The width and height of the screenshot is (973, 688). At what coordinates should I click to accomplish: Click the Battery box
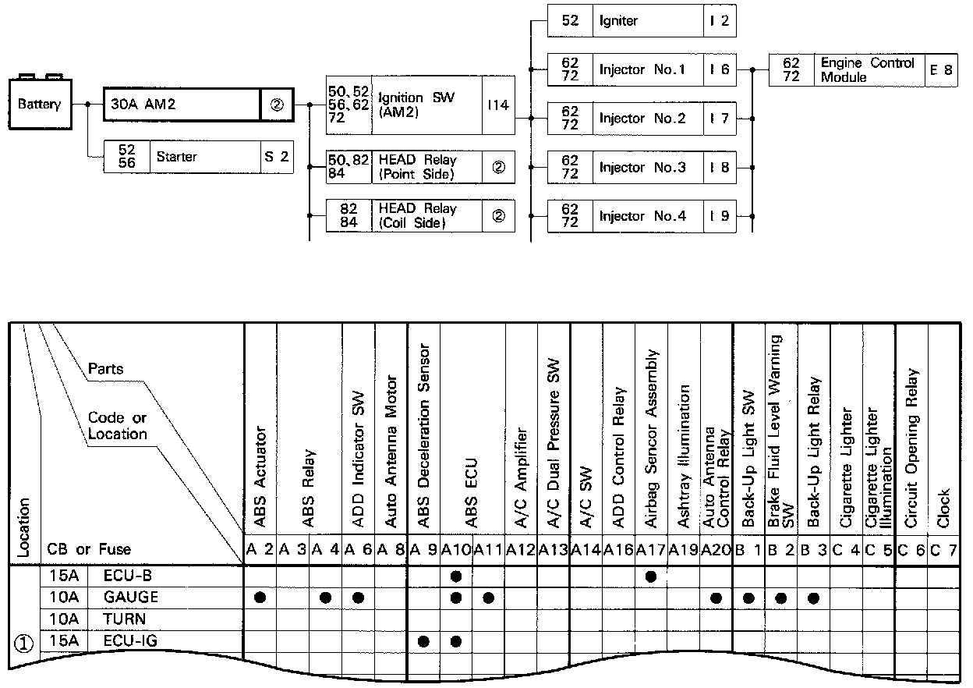(x=39, y=104)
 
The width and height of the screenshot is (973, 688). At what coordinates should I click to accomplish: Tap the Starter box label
(x=177, y=157)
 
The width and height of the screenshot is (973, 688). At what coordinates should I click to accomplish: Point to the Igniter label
(x=618, y=21)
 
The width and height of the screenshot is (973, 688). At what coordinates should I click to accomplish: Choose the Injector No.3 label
(x=642, y=168)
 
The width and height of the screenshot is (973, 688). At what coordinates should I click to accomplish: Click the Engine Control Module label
(x=867, y=69)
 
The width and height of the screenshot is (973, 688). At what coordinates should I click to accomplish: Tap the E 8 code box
(x=941, y=69)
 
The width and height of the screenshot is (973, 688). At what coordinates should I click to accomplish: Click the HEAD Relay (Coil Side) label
(x=418, y=216)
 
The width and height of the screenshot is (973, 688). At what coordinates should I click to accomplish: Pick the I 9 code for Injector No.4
(x=719, y=216)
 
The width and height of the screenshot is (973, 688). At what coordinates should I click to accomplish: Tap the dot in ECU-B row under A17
(x=651, y=576)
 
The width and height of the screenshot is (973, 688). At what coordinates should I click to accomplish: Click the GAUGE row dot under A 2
(x=260, y=598)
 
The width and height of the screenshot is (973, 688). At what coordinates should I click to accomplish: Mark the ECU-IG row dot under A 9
(x=423, y=641)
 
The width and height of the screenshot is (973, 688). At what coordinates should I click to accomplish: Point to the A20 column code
(x=716, y=549)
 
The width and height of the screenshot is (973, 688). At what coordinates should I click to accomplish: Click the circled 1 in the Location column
(x=24, y=644)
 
